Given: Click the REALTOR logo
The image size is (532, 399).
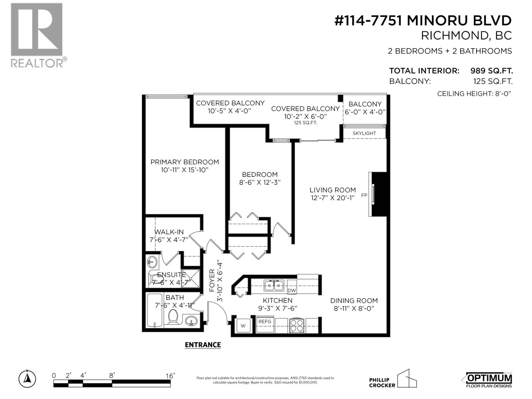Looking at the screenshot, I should (x=37, y=35).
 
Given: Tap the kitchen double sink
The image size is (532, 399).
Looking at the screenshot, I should (x=273, y=285).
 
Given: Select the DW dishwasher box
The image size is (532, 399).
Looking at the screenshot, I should (x=292, y=290).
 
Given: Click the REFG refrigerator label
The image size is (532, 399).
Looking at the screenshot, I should (x=265, y=322).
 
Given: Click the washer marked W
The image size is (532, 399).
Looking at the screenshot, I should (x=243, y=326).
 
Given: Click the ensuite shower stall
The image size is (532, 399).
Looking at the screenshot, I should (x=191, y=279).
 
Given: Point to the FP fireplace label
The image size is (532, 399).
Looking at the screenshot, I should (x=364, y=195).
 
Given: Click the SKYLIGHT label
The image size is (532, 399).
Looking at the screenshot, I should (x=364, y=133).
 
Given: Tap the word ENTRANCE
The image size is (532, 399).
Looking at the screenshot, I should (x=203, y=345).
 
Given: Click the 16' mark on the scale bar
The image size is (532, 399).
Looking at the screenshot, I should (x=170, y=376).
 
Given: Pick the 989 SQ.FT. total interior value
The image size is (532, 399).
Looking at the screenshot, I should (x=491, y=71).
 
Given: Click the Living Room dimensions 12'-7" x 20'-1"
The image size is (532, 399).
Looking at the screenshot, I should (x=332, y=198).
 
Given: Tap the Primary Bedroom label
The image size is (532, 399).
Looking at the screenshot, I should (x=185, y=162).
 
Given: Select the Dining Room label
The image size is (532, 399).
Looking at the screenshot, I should (x=354, y=301).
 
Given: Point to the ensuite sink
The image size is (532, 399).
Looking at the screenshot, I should (x=152, y=262).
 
